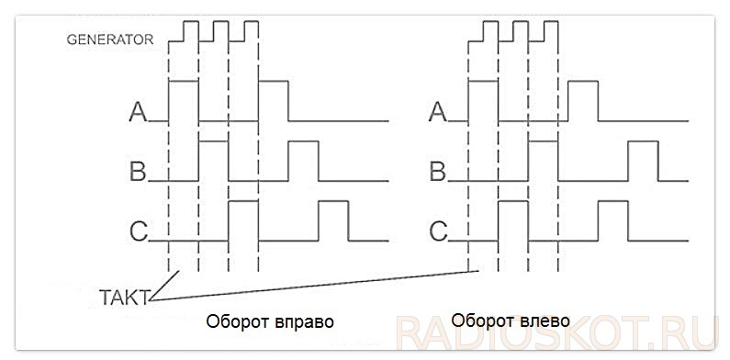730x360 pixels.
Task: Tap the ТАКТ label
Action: [x=125, y=295]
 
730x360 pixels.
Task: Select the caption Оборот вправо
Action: [x=270, y=322]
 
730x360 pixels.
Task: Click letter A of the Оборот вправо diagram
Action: [x=138, y=112]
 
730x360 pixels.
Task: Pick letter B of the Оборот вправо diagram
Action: [x=138, y=172]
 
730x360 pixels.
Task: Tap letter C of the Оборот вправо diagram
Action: [x=138, y=231]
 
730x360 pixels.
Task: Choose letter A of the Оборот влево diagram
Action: [x=438, y=112]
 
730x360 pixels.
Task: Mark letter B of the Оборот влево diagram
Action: [x=438, y=172]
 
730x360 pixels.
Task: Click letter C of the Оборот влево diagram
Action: [x=438, y=231]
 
